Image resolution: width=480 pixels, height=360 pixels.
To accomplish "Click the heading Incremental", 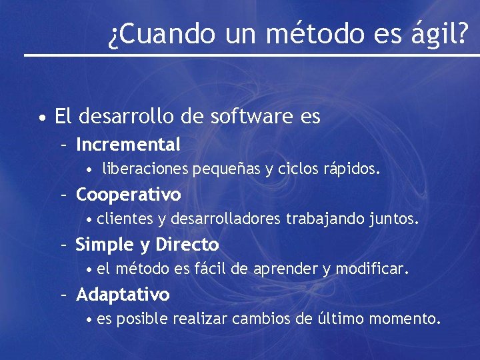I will point(128,144).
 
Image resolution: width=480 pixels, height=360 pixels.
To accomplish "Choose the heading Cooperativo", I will point(128,195).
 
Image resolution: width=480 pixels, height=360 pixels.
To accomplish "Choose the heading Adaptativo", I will point(123,295).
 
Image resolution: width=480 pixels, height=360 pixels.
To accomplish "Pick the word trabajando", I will point(326,219).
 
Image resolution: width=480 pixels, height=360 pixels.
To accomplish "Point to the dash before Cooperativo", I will point(65,195).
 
